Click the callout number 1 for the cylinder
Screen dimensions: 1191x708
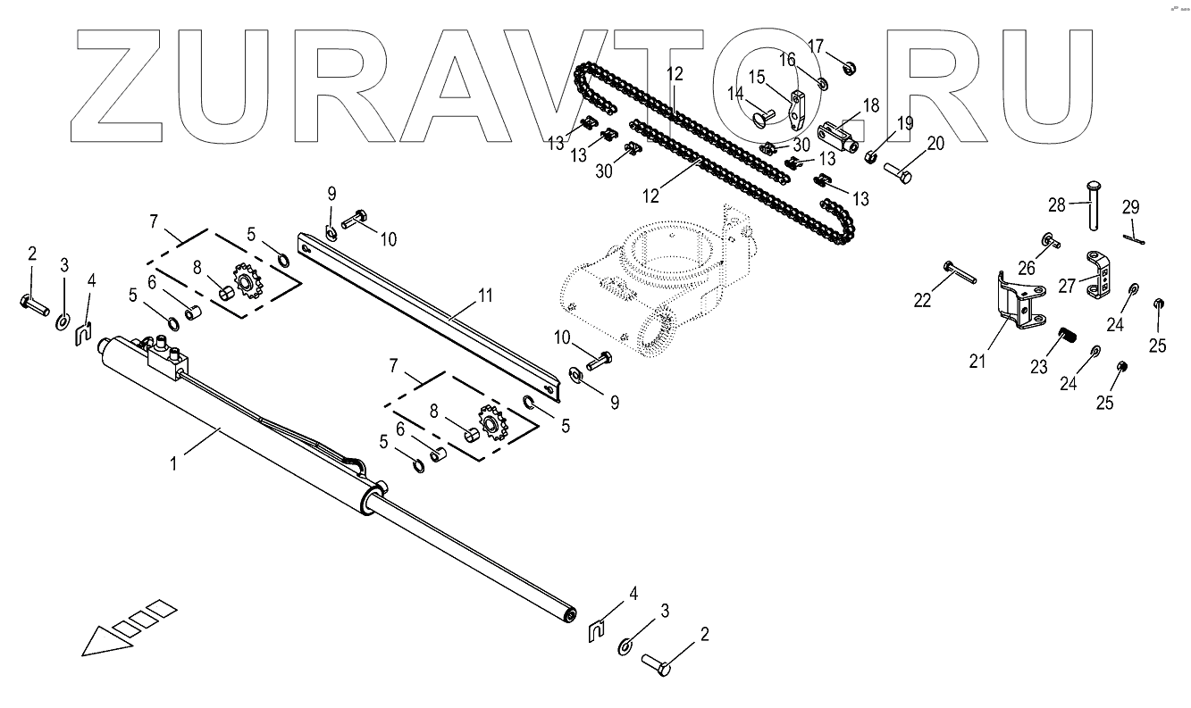tap(175, 462)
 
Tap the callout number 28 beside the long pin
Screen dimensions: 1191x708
tap(1056, 204)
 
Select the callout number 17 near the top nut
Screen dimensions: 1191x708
tap(816, 46)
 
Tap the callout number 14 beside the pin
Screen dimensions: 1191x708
tap(734, 93)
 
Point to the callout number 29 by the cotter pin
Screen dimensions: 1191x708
tap(1131, 207)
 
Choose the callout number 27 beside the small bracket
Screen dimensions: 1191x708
tap(1067, 287)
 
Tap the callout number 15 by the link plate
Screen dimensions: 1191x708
tap(756, 78)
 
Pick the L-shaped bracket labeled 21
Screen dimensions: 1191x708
tap(1019, 299)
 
